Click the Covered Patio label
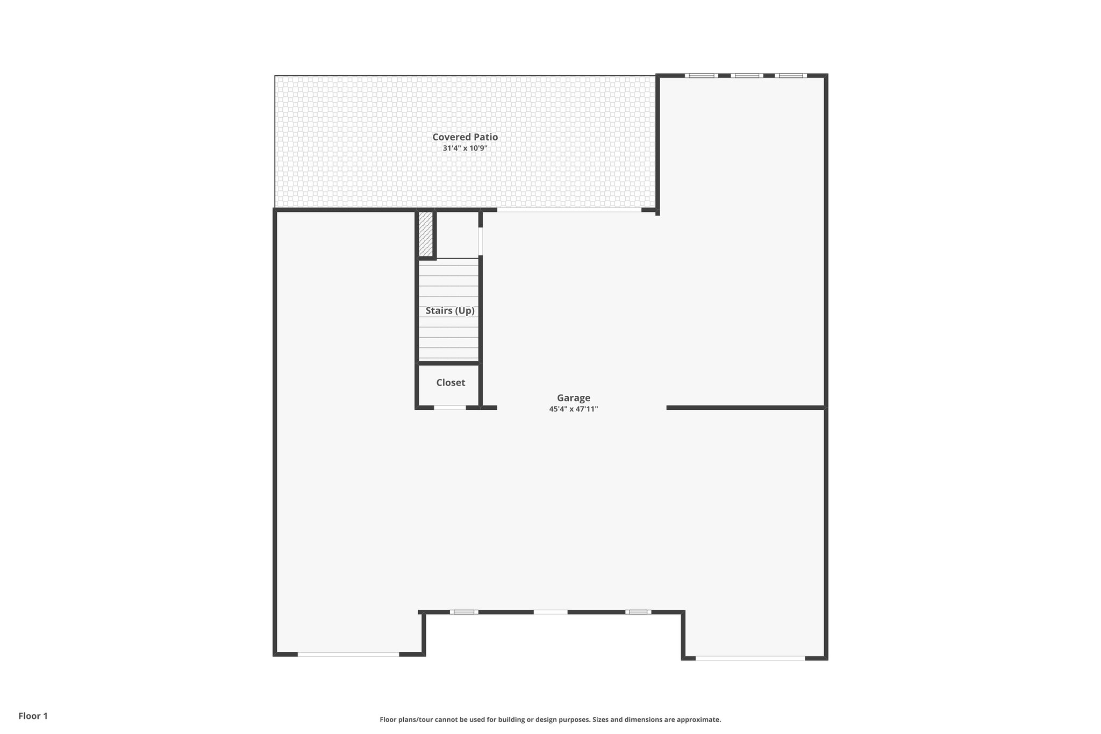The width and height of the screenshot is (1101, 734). tap(465, 137)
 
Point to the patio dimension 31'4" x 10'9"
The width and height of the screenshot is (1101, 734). tap(465, 148)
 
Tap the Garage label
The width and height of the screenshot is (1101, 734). tap(574, 398)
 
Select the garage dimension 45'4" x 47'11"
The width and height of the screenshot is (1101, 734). tap(574, 409)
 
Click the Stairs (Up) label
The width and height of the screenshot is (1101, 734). tap(450, 311)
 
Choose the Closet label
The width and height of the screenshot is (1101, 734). tap(451, 383)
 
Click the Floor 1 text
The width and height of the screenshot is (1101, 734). tap(33, 716)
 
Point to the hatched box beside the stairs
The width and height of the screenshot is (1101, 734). tap(426, 234)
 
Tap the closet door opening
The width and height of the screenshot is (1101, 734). tap(450, 408)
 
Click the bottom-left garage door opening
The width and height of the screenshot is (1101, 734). tap(348, 654)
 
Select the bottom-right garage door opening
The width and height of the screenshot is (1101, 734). tap(750, 658)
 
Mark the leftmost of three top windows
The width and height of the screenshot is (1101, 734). tap(701, 76)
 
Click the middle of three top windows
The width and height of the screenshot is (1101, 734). tap(747, 76)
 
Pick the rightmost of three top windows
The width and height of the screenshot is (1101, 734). tap(791, 76)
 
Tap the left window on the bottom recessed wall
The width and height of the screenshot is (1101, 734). tap(464, 612)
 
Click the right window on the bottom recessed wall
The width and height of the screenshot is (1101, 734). tap(638, 612)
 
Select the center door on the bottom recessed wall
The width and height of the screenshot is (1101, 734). tap(550, 612)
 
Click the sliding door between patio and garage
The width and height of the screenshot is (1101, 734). tap(569, 210)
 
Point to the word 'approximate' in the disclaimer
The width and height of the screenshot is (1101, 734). tap(698, 719)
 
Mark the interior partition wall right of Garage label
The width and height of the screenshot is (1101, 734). tap(746, 408)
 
